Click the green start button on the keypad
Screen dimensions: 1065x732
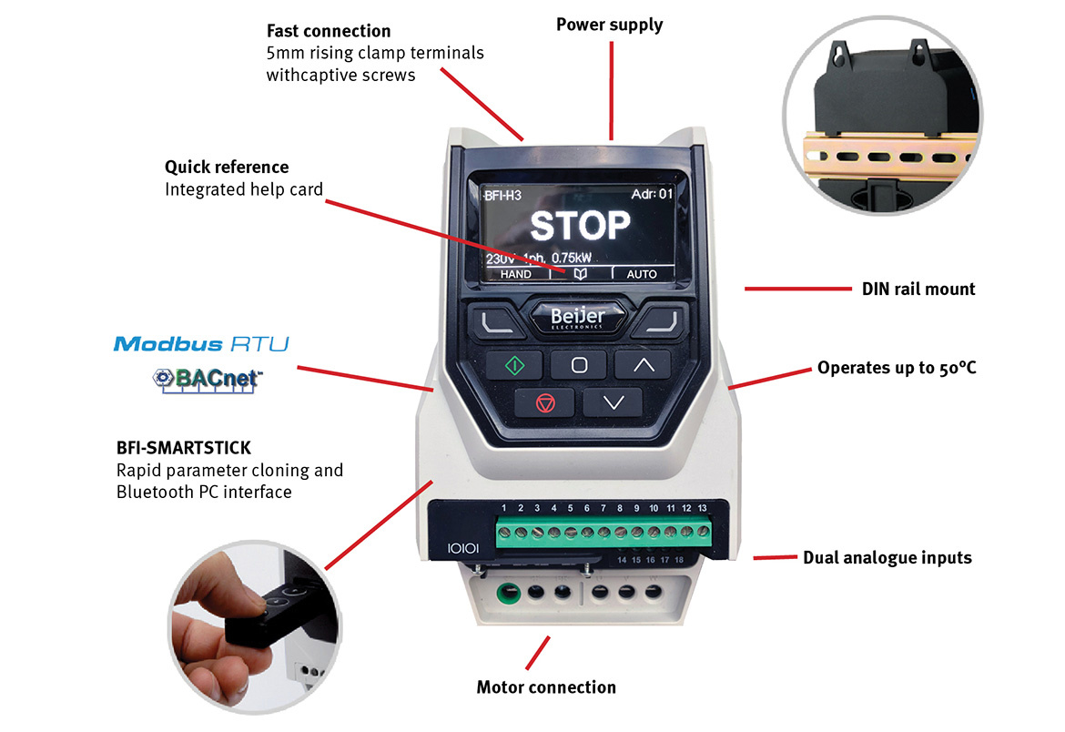tap(514, 366)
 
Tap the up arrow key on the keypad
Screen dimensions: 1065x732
tap(644, 365)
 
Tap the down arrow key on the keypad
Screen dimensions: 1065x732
tap(614, 402)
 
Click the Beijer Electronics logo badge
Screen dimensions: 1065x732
tap(577, 318)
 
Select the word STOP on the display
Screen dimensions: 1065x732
tap(580, 226)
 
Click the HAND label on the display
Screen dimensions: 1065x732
tap(515, 274)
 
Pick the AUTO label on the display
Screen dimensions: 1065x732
tap(642, 274)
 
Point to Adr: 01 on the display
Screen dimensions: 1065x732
tap(652, 195)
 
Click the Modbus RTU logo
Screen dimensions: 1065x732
tap(201, 344)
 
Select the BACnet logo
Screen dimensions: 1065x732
tap(208, 380)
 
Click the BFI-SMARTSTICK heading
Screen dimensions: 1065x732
tap(183, 448)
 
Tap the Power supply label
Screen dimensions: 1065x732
tap(609, 25)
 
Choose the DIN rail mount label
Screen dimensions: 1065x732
tap(918, 290)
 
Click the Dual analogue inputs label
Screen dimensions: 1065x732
tap(887, 558)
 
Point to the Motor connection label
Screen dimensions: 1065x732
tap(546, 687)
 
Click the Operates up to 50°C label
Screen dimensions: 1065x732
tap(897, 368)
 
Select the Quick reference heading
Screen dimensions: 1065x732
tap(226, 168)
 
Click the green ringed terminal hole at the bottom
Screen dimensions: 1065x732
tap(509, 593)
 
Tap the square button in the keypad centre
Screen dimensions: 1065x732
tap(579, 366)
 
